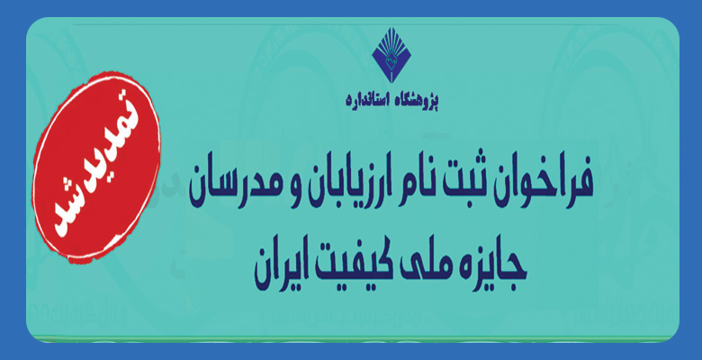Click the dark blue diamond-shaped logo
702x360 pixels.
391,55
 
